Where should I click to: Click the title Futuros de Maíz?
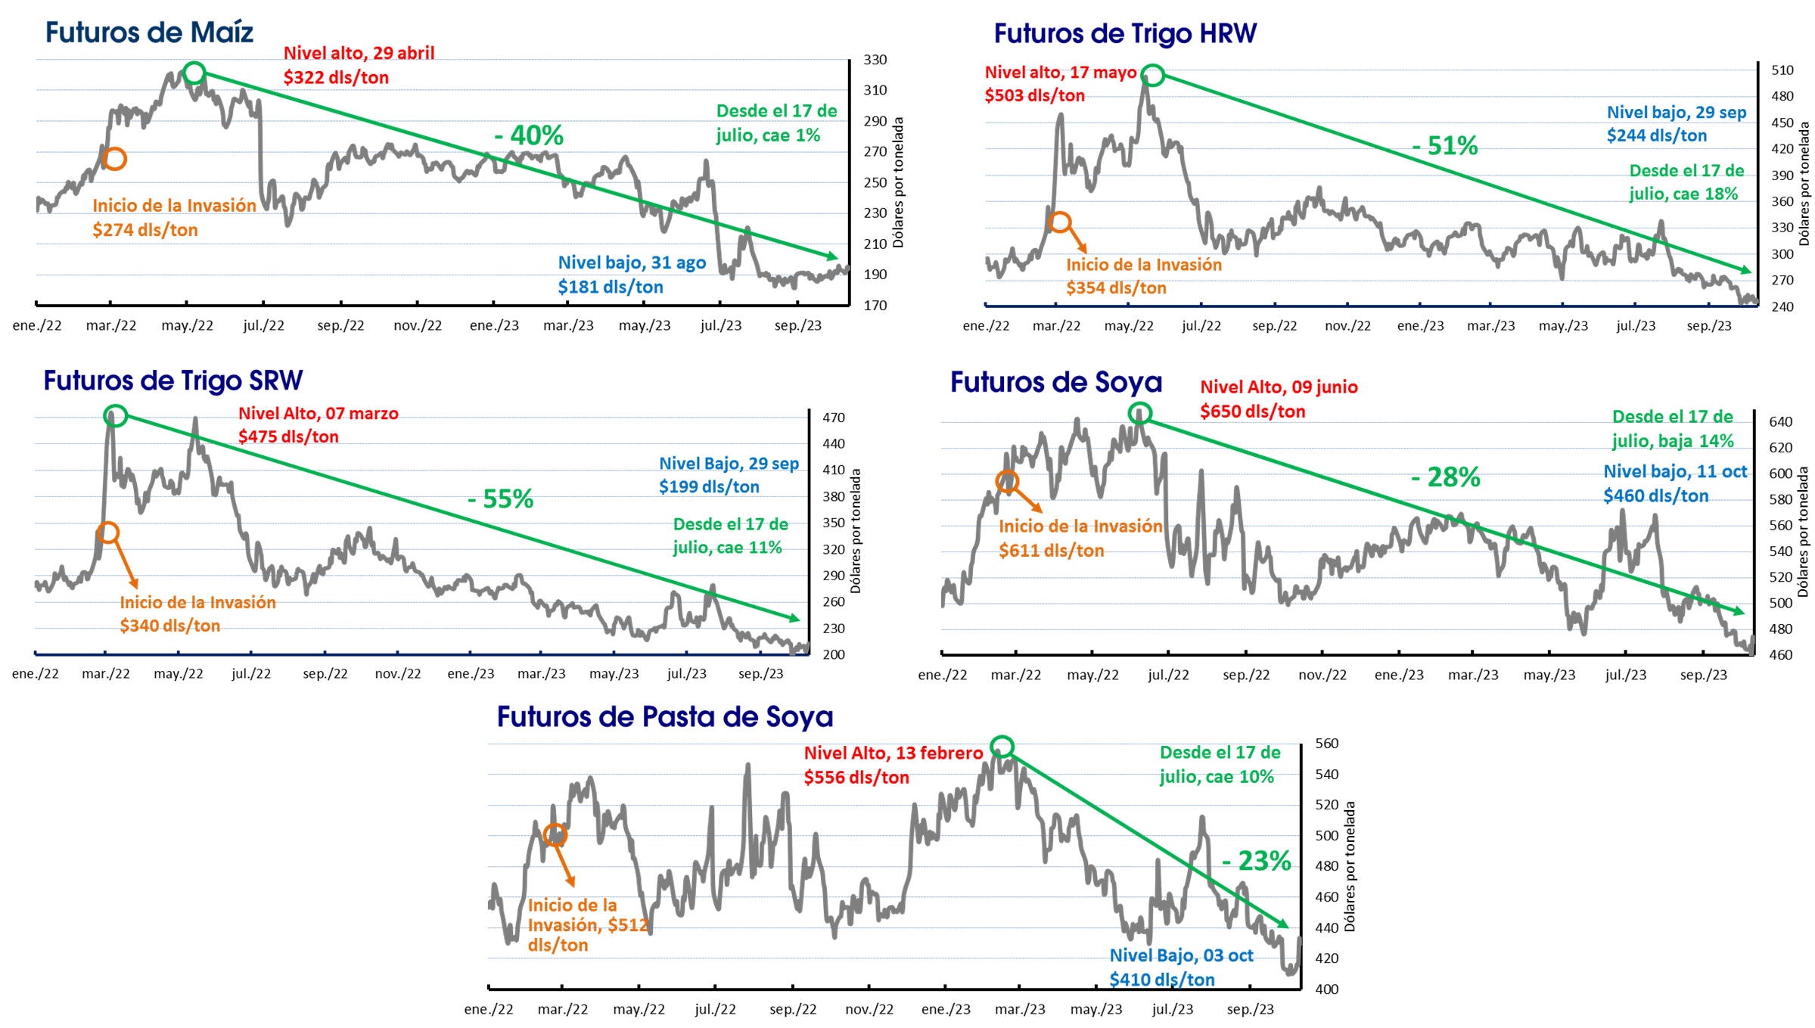[149, 33]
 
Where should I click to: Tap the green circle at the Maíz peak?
[194, 63]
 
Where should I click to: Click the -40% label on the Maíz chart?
[529, 135]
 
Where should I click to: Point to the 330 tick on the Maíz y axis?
[875, 60]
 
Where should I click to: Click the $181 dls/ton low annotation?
[611, 287]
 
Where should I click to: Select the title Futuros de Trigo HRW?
[1125, 34]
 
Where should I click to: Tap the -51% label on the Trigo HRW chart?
[1445, 145]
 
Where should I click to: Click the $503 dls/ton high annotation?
[1034, 95]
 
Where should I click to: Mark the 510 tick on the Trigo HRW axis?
[1782, 70]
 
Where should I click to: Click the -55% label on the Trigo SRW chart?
[500, 498]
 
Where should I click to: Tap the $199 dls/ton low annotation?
[709, 486]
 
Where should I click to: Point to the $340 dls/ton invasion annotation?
[169, 626]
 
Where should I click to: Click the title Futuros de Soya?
[1055, 382]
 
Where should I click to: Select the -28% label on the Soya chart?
[1445, 477]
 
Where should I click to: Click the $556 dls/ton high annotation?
[856, 778]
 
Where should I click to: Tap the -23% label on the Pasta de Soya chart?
[1256, 861]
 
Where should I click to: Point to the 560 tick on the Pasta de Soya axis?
[1327, 744]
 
